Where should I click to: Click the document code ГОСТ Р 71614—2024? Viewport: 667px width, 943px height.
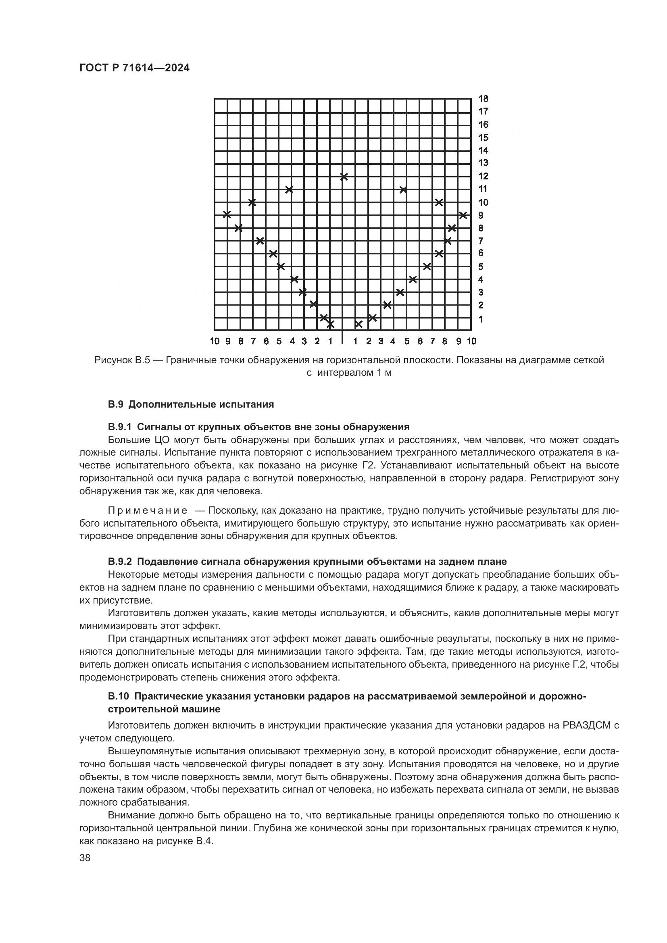point(134,68)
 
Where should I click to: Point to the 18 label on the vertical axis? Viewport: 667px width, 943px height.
point(484,98)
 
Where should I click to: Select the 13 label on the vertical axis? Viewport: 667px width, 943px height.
point(484,162)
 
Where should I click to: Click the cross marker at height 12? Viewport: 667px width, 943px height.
point(344,177)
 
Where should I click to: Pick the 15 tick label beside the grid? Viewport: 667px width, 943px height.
point(484,137)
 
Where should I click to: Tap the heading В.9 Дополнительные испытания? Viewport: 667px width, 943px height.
point(191,404)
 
